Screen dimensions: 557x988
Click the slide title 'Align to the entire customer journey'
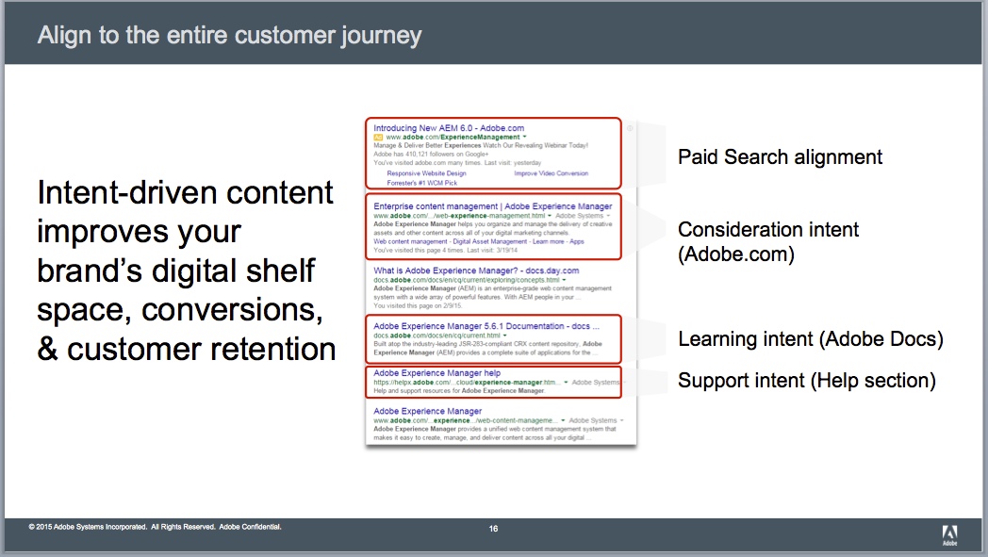(x=229, y=37)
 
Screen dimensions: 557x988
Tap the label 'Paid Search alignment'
(x=780, y=156)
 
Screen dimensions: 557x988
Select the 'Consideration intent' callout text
(x=768, y=230)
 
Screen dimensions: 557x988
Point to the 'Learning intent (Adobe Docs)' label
(x=810, y=338)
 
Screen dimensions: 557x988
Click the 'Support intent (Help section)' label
(x=806, y=381)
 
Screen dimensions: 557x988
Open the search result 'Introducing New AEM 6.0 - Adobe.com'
(x=449, y=127)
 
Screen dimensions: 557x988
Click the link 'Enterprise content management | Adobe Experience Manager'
(x=492, y=205)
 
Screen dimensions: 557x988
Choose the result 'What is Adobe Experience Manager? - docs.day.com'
(x=476, y=270)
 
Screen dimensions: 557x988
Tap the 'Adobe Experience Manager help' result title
(x=436, y=373)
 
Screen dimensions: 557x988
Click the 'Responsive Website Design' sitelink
(x=426, y=173)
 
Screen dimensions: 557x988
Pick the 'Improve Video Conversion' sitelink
(x=551, y=173)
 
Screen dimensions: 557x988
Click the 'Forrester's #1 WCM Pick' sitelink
(x=420, y=183)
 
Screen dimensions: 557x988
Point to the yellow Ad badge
(x=378, y=138)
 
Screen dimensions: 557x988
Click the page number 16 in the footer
(x=493, y=529)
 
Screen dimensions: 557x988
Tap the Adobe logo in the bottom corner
(x=948, y=533)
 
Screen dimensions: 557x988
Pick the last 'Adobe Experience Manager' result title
(x=427, y=412)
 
